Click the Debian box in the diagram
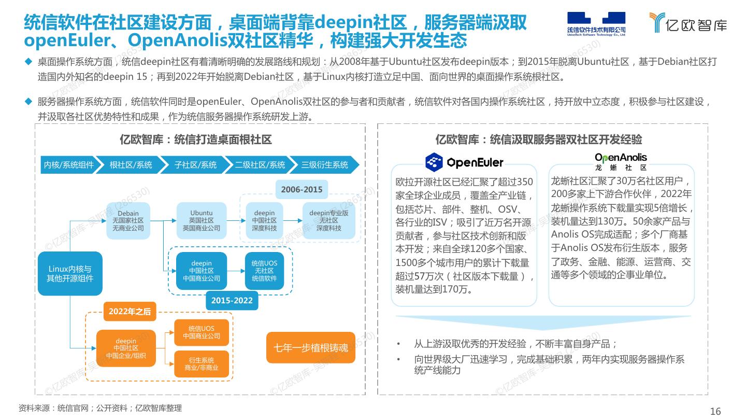point(128,220)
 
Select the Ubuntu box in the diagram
point(201,220)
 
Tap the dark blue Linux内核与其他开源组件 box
point(70,274)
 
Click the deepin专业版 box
point(328,220)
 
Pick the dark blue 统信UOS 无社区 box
point(264,271)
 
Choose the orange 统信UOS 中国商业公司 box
point(201,332)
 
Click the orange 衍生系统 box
point(201,364)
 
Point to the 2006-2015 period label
point(302,190)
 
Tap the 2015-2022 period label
point(232,300)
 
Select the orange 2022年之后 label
point(130,312)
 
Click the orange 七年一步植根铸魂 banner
point(311,347)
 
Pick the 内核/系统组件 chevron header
point(68,165)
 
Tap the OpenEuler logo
point(464,162)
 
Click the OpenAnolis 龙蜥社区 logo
point(621,161)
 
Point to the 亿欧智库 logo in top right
point(688,23)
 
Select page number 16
point(715,412)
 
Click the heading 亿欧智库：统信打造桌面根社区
point(195,140)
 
